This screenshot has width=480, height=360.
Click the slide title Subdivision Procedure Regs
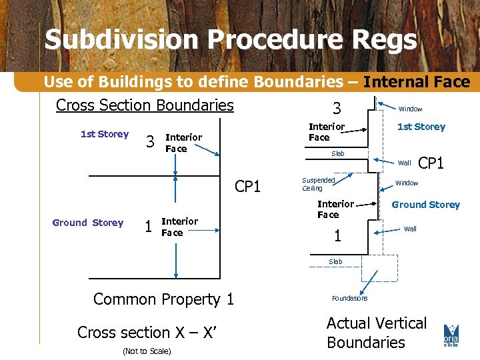point(231,40)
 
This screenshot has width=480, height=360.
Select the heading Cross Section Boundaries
point(145,105)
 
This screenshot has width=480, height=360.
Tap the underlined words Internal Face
point(417,82)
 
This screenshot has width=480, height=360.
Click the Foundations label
point(349,298)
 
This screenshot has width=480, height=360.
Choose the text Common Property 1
point(163,299)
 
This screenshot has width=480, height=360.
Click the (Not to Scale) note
point(147,351)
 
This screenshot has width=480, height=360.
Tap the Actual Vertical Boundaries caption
point(376,333)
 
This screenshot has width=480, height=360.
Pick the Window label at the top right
point(410,109)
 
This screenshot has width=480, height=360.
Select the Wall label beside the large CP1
point(404,163)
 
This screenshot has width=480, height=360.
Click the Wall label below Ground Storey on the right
point(410,229)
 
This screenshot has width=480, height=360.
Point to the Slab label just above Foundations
point(335,261)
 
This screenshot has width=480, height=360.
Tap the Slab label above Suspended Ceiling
point(338,154)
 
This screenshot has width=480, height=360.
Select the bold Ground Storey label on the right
point(425,205)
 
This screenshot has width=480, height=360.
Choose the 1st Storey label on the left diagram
point(104,134)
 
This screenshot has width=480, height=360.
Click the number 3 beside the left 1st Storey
point(150,141)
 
